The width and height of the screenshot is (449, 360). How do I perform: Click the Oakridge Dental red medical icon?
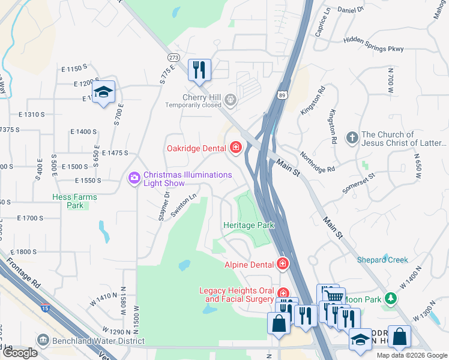pos(235,148)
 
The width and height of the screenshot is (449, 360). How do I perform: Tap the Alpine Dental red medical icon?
pos(282,264)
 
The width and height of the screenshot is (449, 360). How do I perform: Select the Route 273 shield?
pos(174,58)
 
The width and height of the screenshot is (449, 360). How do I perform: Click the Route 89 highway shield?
pos(283,95)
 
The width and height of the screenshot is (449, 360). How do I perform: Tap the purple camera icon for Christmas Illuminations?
pos(133,178)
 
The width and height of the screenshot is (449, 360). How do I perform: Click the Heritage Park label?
pos(249,225)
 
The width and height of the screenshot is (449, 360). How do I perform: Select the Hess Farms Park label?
pos(74,201)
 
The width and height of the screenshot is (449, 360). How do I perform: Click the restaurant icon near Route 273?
pos(199,70)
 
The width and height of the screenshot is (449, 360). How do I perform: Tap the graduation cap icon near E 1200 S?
pos(103,92)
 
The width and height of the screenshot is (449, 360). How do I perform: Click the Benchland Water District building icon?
pos(43,340)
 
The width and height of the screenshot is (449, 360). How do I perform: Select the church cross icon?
pos(352,139)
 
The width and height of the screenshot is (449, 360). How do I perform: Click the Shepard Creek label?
pos(382,260)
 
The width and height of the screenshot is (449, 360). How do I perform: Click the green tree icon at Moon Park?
pos(391,298)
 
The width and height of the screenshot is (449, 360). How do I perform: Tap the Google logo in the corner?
pos(20,353)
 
